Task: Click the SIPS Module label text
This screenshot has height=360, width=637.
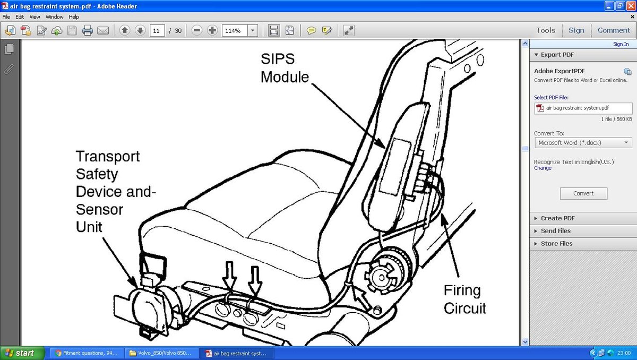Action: coord(285,67)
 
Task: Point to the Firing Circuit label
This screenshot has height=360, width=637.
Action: coord(464,299)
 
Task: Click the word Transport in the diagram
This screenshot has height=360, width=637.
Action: coord(108,157)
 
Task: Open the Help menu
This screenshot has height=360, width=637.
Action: coord(74,17)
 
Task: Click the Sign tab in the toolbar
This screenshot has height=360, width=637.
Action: coord(576,30)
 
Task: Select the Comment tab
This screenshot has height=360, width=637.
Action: coord(614,30)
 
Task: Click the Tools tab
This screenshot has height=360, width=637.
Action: coord(546,30)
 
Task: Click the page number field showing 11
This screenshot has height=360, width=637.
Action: coord(157,30)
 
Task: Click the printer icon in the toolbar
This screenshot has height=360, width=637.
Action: coord(88,30)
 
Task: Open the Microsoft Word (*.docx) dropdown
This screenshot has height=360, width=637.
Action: coord(583,143)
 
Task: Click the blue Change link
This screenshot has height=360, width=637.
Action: coord(543,168)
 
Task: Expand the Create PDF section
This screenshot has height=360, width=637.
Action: coord(557,218)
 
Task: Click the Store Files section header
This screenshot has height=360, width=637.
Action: coord(556,244)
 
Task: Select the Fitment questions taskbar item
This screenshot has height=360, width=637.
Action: coord(87,353)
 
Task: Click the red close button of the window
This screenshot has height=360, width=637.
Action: coord(630,6)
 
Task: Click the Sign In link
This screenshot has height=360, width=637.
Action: coord(621,44)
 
